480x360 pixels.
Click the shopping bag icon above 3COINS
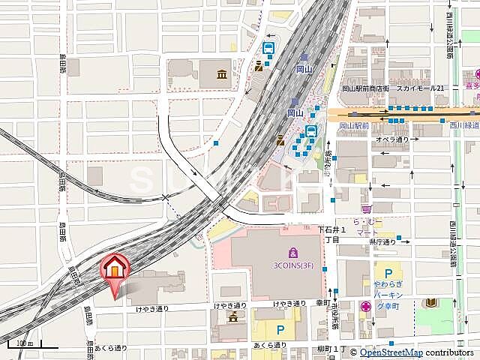click(x=291, y=250)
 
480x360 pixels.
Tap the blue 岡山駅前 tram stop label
click(x=353, y=125)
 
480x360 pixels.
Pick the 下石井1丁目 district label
click(x=331, y=234)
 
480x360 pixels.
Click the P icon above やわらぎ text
click(x=387, y=274)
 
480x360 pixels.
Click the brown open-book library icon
click(x=433, y=303)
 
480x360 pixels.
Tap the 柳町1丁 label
click(x=329, y=349)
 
